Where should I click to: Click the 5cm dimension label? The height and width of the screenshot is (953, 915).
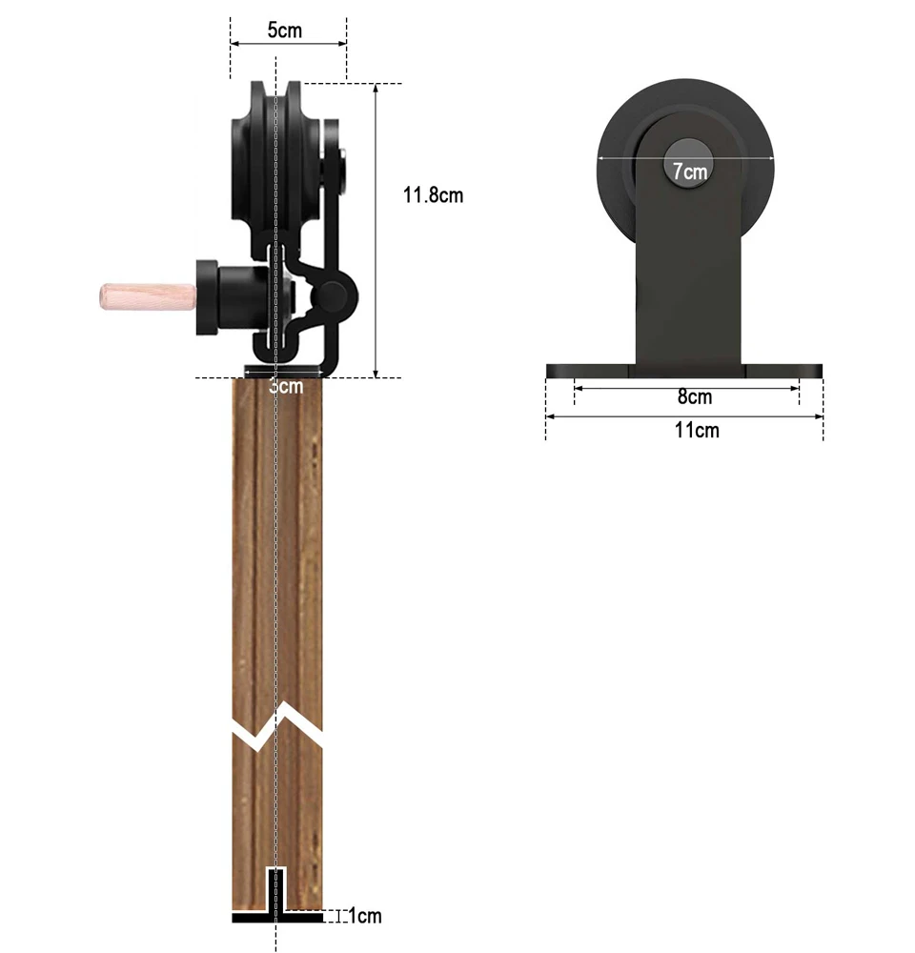coord(285,30)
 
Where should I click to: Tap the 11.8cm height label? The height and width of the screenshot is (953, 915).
coord(433,195)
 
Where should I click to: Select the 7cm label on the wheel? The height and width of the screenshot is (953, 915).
coord(689,172)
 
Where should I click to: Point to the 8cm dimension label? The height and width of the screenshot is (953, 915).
coord(694,396)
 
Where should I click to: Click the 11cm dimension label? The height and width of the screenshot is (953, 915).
coord(697,431)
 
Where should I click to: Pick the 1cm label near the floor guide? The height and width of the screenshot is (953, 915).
coord(365,915)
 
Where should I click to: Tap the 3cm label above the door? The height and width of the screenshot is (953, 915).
coord(286,386)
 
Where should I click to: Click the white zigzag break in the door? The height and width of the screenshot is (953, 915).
coord(277,727)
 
